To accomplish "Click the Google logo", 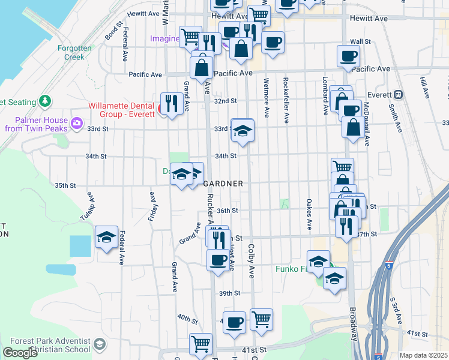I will coord(20,353).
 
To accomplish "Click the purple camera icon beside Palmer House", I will coord(77,124).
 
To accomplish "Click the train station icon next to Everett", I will coord(398,94).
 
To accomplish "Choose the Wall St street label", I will coord(360,42).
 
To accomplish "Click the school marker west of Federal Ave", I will coord(106,236).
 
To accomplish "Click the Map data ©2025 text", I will coord(423,355).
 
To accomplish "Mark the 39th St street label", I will coord(229,293).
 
